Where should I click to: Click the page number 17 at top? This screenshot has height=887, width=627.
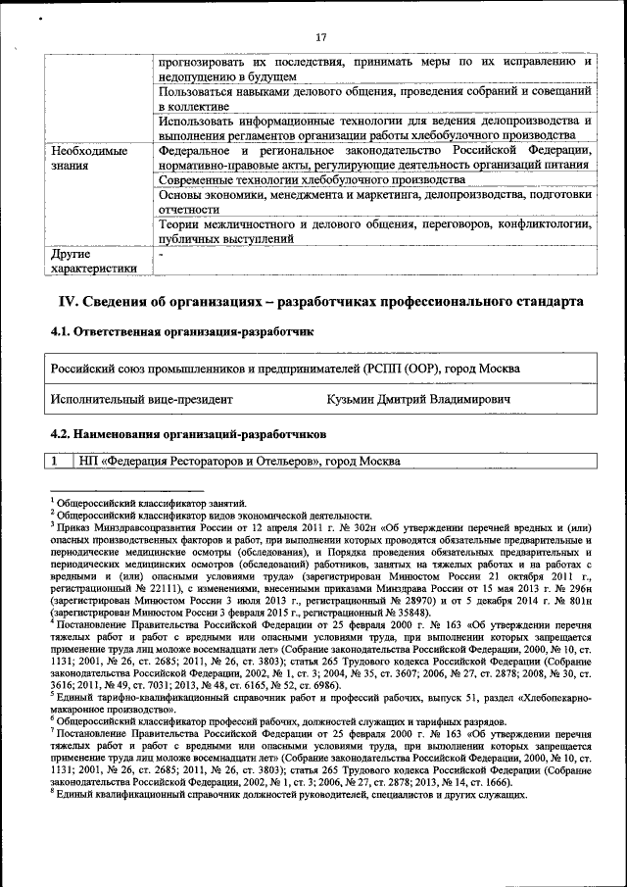tap(320, 37)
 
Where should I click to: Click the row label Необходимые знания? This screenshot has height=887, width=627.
tap(89, 158)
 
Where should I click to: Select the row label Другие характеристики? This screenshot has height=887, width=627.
tap(93, 260)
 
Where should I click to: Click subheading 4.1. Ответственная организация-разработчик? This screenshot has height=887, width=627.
tap(181, 332)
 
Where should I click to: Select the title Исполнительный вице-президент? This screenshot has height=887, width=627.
tap(142, 400)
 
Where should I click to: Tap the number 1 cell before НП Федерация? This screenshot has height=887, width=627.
tap(57, 461)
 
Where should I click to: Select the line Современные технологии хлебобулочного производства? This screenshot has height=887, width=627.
tap(311, 180)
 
